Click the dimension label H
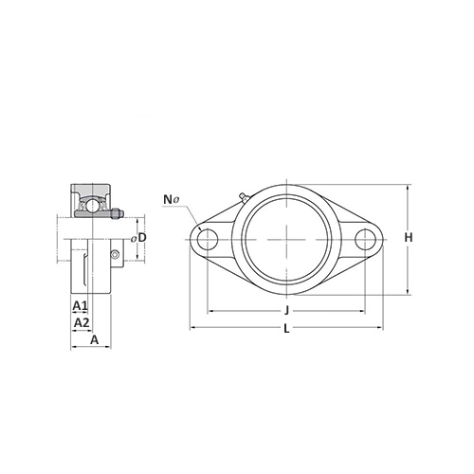click(x=409, y=237)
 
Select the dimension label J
click(x=286, y=311)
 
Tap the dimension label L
click(x=286, y=329)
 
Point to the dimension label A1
click(x=80, y=305)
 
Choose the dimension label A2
click(x=82, y=322)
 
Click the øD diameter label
click(x=138, y=238)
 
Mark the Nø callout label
click(x=172, y=199)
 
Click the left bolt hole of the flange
click(x=208, y=239)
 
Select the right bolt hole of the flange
click(x=365, y=239)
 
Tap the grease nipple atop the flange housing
click(x=244, y=196)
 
